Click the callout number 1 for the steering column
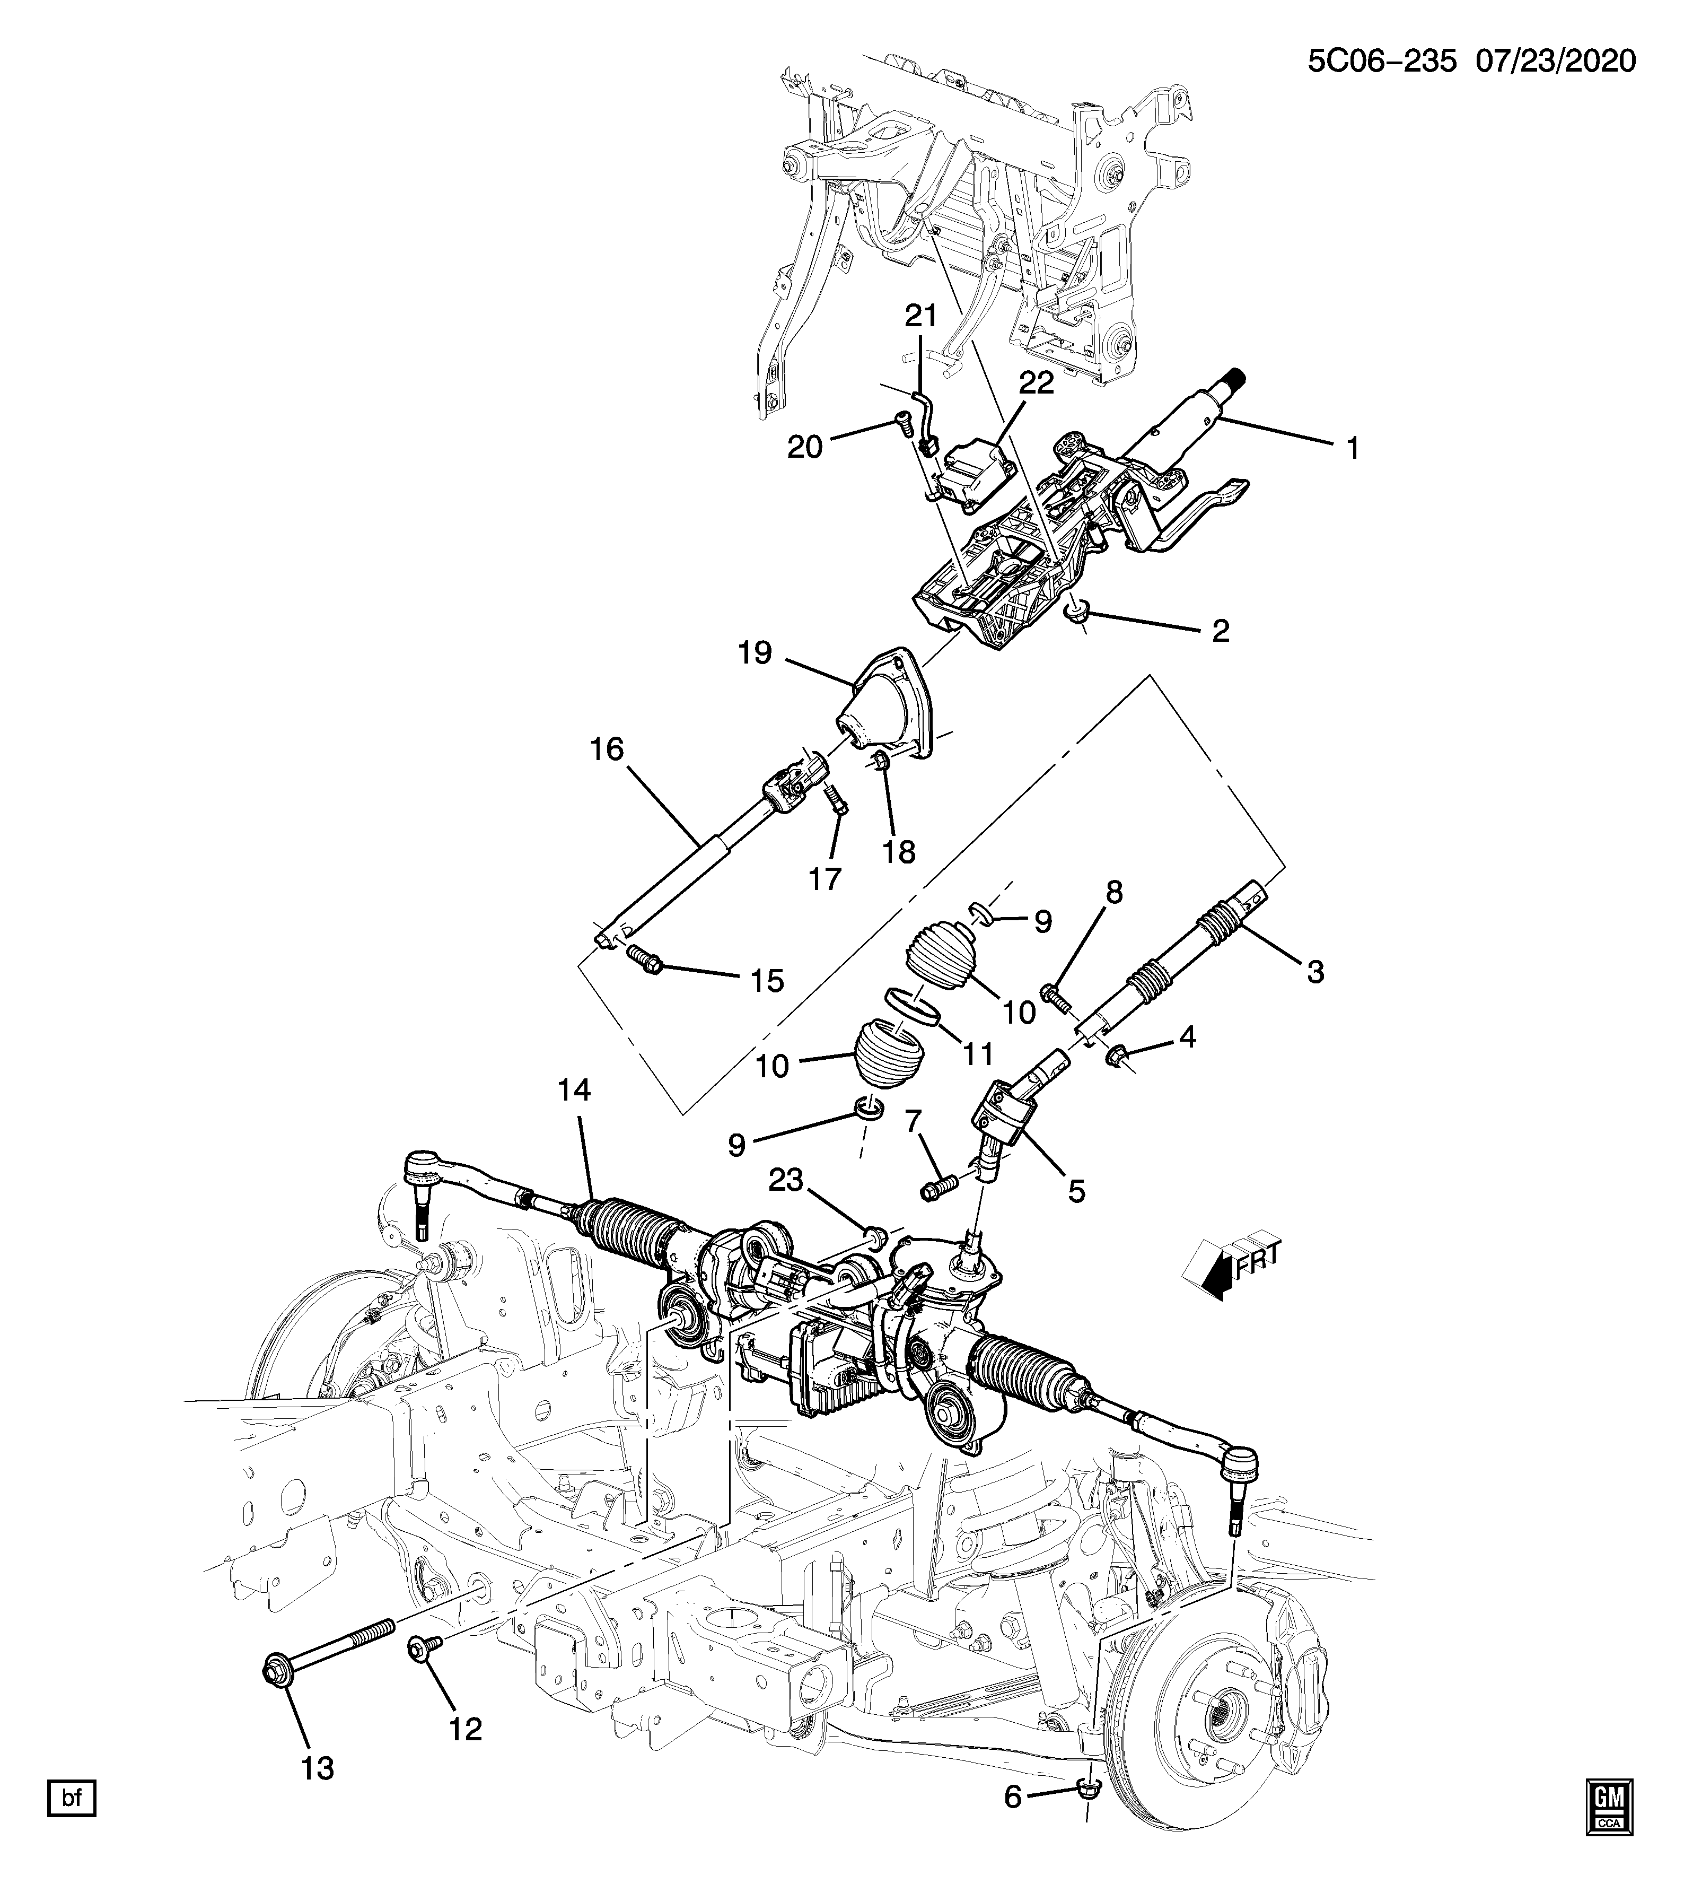1353,450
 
